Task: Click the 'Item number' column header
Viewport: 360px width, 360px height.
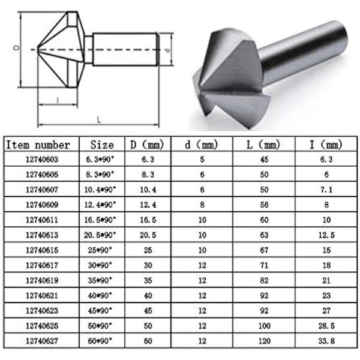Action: coord(38,145)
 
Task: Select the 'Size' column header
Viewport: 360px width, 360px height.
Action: coord(101,145)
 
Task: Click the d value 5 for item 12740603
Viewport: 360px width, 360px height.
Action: coord(202,160)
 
